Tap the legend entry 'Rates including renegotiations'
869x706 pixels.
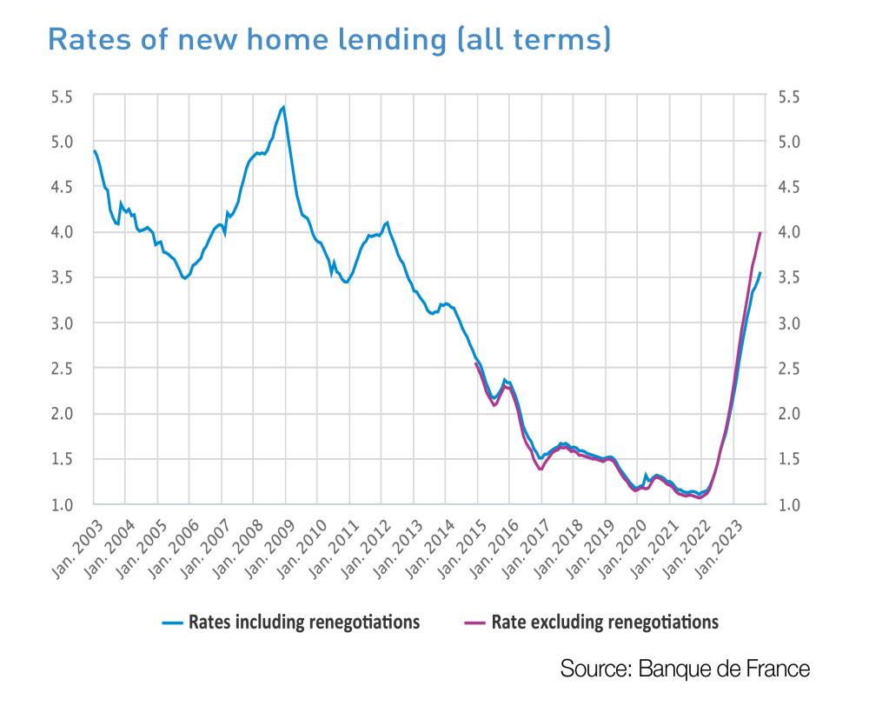click(304, 623)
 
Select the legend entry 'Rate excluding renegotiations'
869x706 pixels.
click(605, 623)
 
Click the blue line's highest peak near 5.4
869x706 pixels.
click(284, 108)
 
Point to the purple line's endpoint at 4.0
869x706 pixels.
click(760, 232)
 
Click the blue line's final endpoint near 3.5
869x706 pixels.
click(760, 273)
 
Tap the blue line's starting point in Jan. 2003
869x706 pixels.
click(94, 151)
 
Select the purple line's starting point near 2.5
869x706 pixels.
click(476, 364)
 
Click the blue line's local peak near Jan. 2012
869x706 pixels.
click(387, 223)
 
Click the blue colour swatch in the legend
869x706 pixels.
click(172, 623)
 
